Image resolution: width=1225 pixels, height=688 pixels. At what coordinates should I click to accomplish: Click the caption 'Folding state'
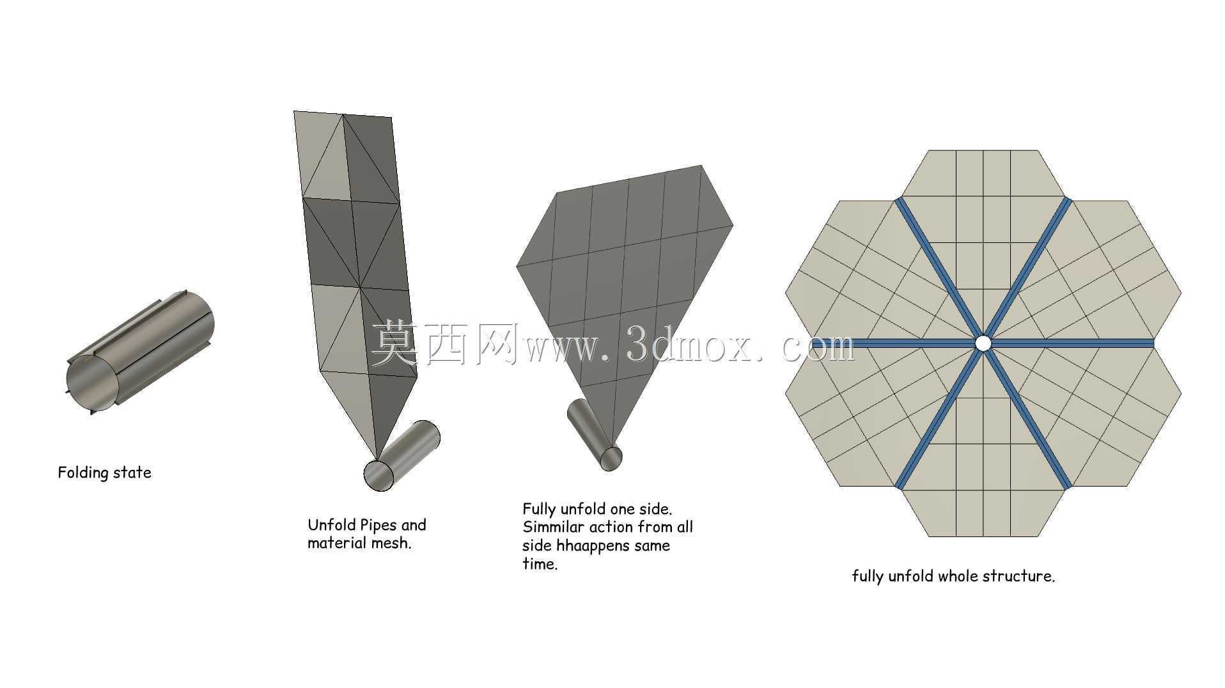[105, 473]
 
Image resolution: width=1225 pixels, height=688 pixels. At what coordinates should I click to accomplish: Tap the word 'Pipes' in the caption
[380, 526]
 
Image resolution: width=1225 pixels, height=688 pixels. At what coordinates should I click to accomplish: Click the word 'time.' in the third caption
[540, 564]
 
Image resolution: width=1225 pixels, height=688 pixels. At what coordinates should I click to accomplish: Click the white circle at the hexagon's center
[983, 343]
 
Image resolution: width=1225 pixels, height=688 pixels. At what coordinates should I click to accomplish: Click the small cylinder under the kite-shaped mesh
[595, 435]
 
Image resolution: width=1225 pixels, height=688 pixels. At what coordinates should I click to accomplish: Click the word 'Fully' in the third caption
[539, 510]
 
